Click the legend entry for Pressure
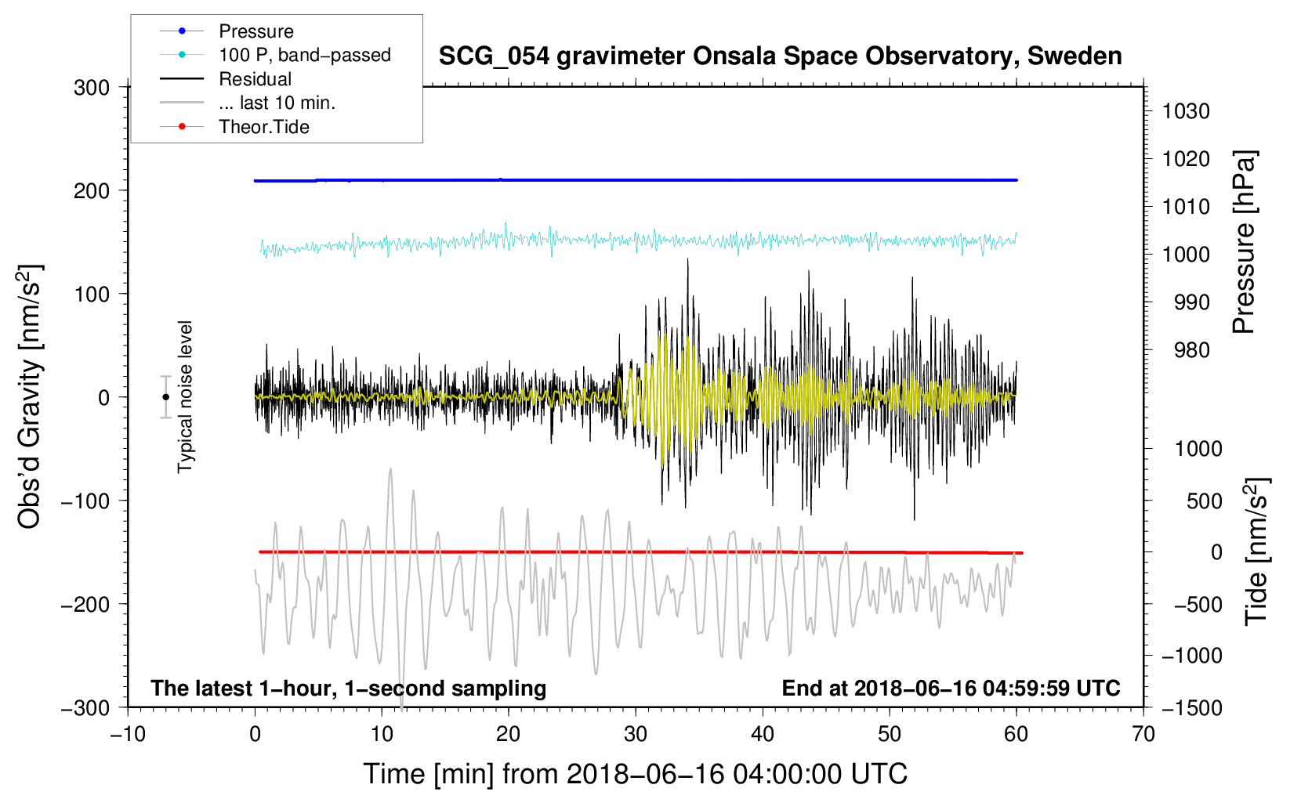[x=255, y=31]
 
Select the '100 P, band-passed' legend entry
[x=304, y=55]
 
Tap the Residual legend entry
[x=255, y=79]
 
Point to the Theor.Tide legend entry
[x=263, y=127]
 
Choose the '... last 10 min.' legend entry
[x=277, y=103]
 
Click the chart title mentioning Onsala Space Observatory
[x=780, y=56]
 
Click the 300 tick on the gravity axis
[x=92, y=88]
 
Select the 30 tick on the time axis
[x=636, y=734]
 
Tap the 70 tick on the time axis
[x=1143, y=734]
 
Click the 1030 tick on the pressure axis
[x=1186, y=111]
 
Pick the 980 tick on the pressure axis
[x=1191, y=350]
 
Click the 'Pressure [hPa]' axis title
[x=1244, y=242]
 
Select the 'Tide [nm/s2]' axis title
[x=1256, y=552]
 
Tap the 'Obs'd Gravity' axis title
[x=30, y=397]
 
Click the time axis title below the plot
[x=636, y=774]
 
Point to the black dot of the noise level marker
[x=166, y=397]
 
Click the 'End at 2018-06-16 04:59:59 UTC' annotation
[x=951, y=688]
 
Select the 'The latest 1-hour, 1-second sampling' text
[x=349, y=688]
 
